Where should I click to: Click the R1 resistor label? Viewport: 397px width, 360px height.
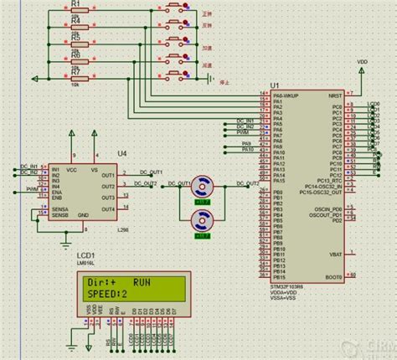pos(75,4)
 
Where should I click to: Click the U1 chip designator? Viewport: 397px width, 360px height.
pos(274,85)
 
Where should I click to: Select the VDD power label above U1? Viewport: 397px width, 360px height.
pos(362,61)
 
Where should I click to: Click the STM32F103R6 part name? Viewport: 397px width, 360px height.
pos(287,285)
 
